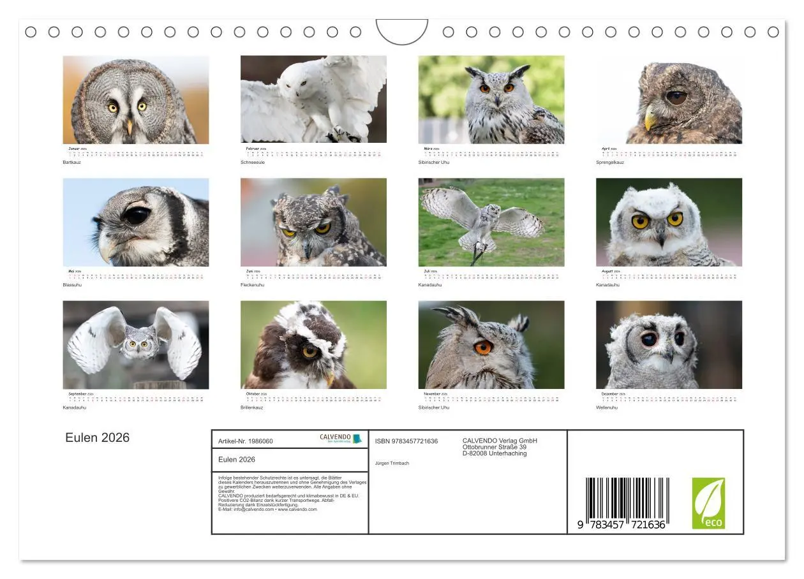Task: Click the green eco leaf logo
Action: coord(708,503)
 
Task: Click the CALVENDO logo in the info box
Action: coord(340,439)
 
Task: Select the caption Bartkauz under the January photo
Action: coord(71,163)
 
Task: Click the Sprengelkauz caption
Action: coord(609,163)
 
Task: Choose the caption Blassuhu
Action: coord(71,285)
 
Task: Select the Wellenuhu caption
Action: coord(606,407)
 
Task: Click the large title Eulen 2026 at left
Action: coord(97,437)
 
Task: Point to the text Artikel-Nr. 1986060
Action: coord(245,441)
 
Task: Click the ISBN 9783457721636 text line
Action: coord(406,441)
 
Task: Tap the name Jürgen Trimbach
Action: coord(392,463)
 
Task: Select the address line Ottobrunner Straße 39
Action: coord(494,447)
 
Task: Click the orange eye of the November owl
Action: coord(483,348)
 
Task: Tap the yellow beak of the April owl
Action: coord(650,118)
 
